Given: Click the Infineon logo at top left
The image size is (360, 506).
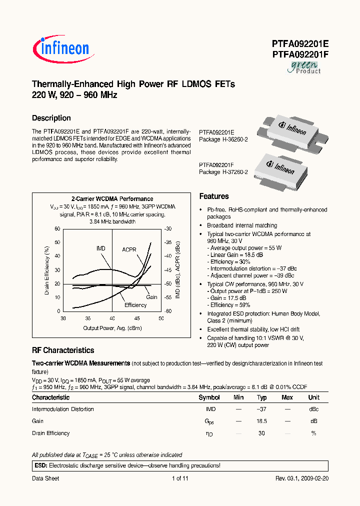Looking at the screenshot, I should (61, 48).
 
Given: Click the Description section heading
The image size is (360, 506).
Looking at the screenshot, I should (51, 118).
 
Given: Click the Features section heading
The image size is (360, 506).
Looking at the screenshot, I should (214, 196).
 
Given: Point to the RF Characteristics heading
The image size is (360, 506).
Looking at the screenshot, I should (63, 350).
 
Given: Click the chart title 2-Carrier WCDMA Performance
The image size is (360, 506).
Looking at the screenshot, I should (112, 199).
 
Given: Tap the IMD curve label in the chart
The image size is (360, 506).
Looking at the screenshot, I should (101, 248).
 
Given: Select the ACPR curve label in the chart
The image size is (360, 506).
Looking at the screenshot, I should (129, 249).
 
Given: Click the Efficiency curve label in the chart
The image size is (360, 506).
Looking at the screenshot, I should (135, 305).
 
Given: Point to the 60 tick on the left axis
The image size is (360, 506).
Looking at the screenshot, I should (57, 229).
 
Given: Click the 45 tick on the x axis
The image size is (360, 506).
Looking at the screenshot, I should (137, 318).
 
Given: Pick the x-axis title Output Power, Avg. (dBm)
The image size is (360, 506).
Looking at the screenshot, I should (112, 328).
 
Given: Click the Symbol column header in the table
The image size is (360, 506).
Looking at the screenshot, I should (209, 397).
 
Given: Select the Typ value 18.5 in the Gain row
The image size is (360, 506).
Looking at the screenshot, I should (261, 421).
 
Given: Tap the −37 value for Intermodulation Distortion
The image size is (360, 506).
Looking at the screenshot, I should (261, 409).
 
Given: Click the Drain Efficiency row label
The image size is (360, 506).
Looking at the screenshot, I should (51, 433).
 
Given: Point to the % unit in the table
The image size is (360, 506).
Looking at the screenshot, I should (313, 433).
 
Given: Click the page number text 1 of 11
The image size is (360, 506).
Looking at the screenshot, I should (179, 478).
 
